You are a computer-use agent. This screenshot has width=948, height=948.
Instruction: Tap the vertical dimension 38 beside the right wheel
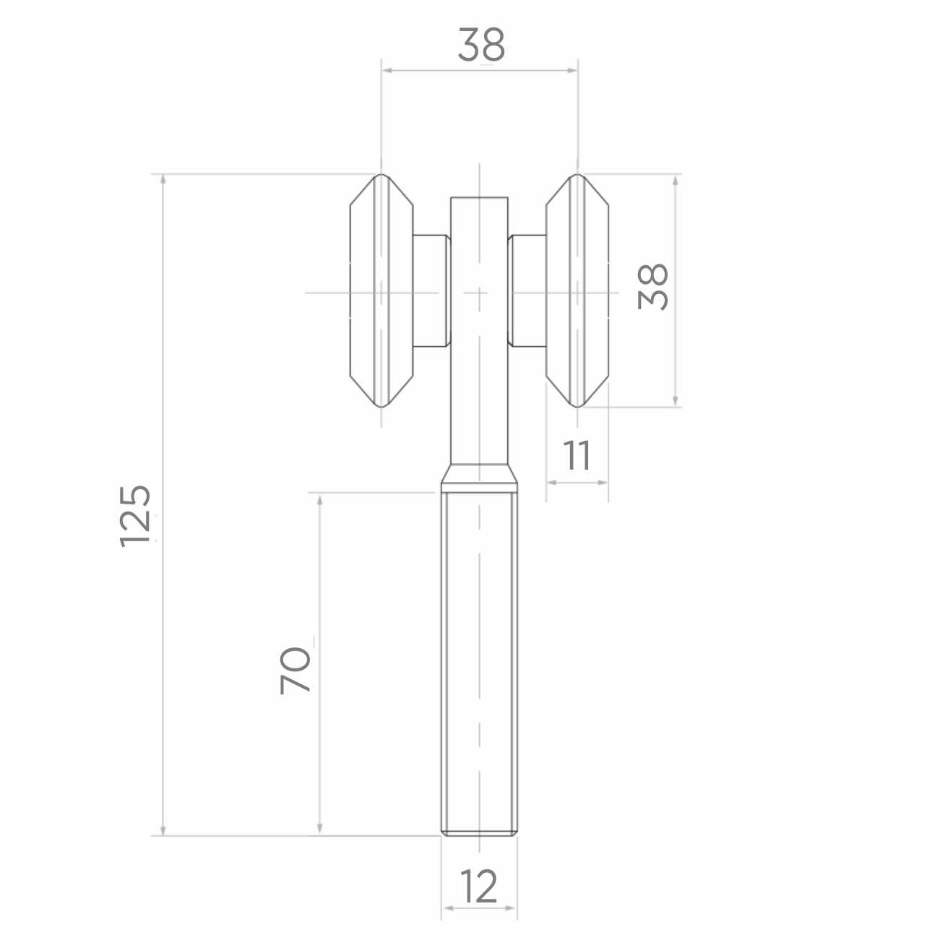(x=652, y=288)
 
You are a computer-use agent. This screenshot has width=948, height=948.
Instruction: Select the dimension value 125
(x=135, y=517)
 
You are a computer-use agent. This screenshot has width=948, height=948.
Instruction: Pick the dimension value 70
(x=296, y=671)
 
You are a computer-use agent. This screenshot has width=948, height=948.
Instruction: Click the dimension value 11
(x=576, y=455)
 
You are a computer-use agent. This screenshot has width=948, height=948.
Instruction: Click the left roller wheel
(x=382, y=290)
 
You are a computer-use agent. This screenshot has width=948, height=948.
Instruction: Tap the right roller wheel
(x=577, y=290)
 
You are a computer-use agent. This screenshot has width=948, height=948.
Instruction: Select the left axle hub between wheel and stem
(x=431, y=290)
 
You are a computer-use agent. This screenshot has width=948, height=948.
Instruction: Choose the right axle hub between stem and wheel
(x=527, y=290)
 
